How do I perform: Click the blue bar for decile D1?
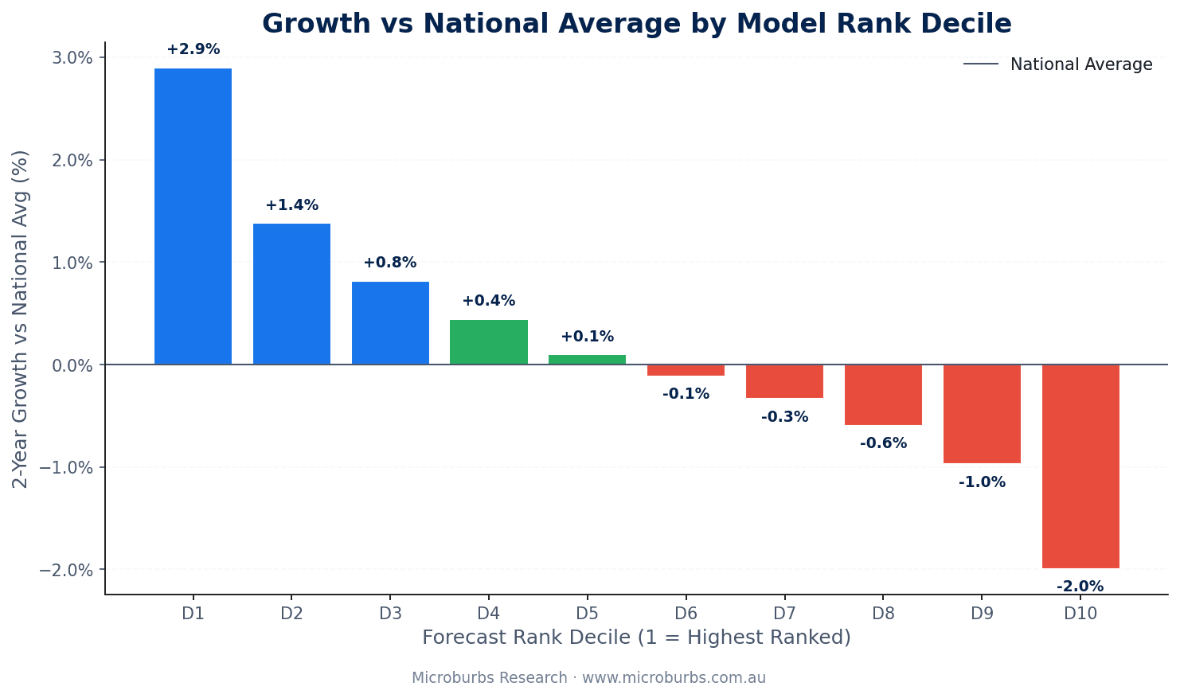193,216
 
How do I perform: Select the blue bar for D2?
291,294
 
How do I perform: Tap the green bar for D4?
488,342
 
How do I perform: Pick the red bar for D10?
1080,466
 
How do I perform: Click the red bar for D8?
883,395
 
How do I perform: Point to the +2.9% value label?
193,49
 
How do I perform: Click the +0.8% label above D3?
389,263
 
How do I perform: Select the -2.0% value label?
1080,587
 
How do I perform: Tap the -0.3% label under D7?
784,417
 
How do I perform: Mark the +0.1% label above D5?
587,337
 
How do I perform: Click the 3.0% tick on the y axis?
72,58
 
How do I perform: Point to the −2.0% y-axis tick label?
68,570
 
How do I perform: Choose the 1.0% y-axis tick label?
72,263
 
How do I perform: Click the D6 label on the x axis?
686,614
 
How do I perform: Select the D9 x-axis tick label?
982,614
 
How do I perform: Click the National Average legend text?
1080,64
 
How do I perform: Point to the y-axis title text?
21,318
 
